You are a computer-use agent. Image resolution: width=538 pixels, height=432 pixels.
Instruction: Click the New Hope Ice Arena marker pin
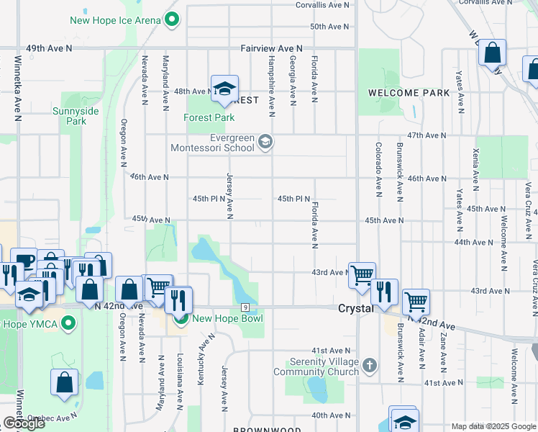171,20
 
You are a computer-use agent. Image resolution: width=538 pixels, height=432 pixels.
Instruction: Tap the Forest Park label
209,117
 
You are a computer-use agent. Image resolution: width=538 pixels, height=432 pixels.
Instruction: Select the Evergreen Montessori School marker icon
265,141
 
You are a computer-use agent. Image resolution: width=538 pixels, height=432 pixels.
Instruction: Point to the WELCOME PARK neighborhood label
409,93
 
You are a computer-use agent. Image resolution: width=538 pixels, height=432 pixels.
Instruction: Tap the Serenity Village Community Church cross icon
369,365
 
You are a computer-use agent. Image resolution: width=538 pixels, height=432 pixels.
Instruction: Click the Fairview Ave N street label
271,48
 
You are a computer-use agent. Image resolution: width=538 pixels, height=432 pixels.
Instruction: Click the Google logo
24,423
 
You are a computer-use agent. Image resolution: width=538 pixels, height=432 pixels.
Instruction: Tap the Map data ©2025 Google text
493,426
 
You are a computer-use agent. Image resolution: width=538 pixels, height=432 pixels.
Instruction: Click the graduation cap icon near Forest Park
224,88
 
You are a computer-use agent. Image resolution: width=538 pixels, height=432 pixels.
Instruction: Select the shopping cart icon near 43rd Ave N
362,274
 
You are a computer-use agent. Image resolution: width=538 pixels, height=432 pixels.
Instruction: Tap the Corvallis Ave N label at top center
326,4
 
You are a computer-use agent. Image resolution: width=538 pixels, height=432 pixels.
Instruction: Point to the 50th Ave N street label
329,26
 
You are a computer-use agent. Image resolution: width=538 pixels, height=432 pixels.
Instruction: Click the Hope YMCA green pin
69,323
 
